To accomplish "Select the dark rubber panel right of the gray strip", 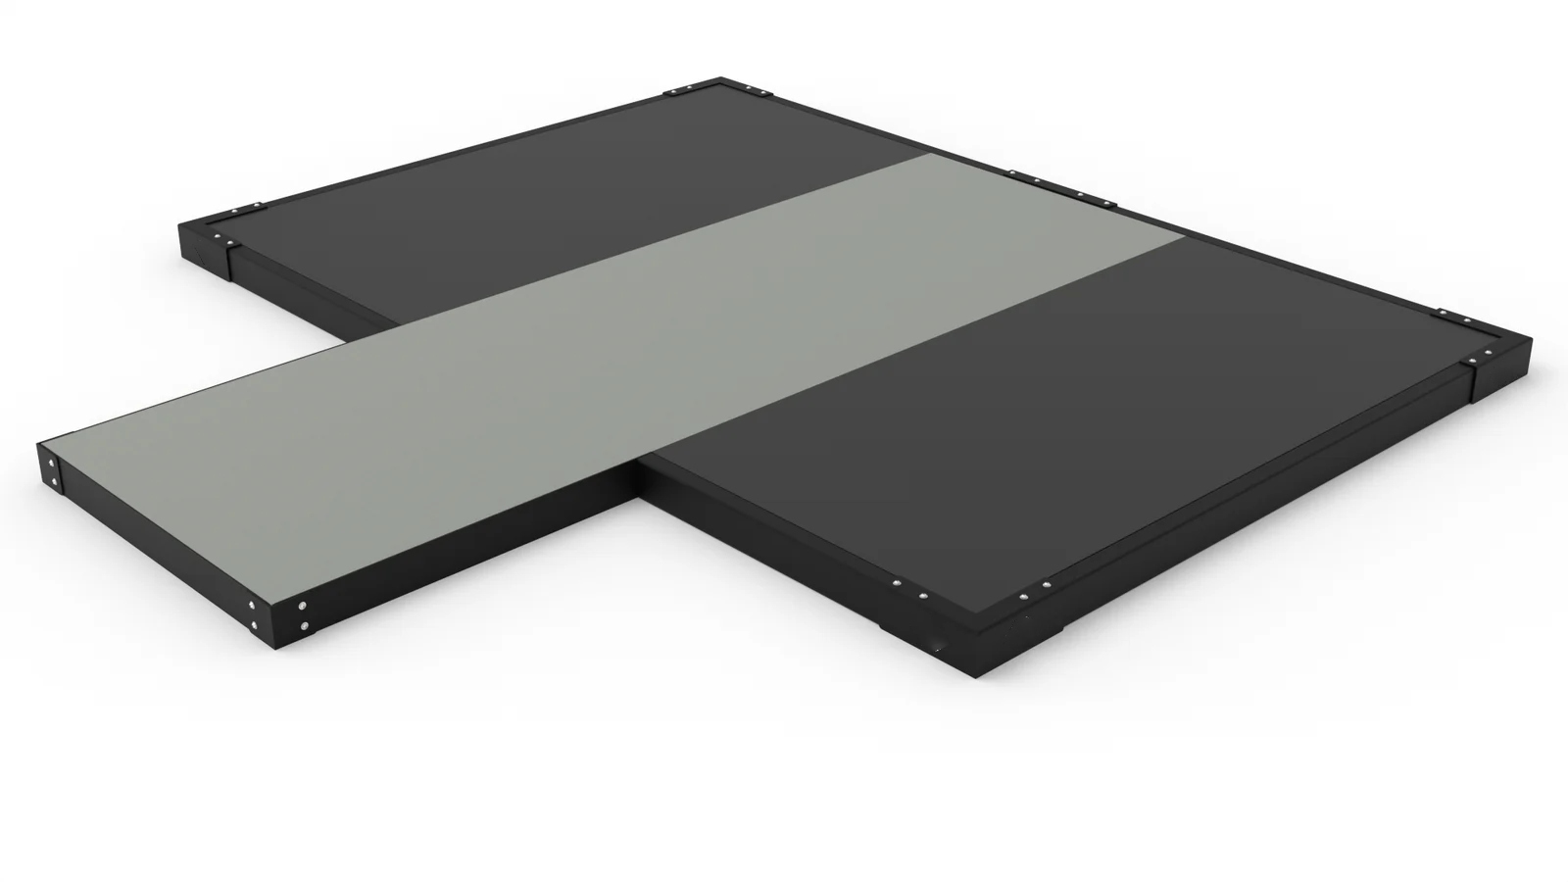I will pos(1029,412).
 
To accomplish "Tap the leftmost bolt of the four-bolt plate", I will pos(1012,176).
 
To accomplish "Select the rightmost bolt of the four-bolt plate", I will pos(1111,203).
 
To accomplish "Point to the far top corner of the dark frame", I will pos(726,79).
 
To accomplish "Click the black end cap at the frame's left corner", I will pos(206,245).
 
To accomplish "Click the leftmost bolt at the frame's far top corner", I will pos(667,94).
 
